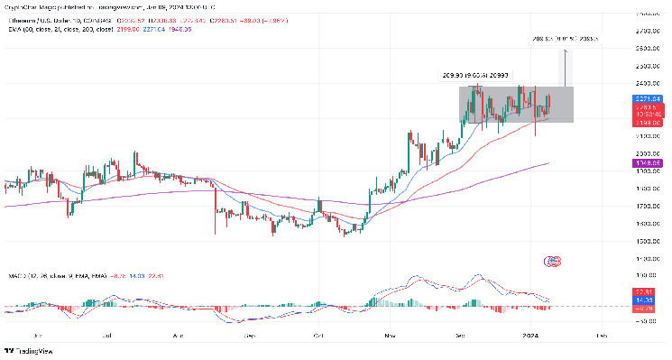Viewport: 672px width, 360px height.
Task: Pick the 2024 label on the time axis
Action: pos(533,335)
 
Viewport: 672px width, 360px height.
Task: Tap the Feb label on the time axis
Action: pos(602,335)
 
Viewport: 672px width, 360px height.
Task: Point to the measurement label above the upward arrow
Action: pos(563,41)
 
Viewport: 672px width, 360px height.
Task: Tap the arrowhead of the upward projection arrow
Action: pos(565,52)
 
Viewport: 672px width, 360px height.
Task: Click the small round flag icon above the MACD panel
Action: pos(553,261)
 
